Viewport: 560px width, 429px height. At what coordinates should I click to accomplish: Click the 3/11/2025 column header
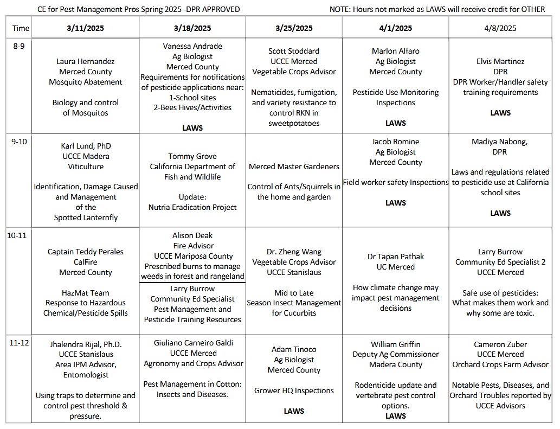[85, 28]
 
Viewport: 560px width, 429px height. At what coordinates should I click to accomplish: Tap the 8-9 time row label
[18, 46]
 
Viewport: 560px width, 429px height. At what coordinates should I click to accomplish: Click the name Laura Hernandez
[85, 61]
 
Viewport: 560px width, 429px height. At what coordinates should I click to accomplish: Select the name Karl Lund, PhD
[85, 146]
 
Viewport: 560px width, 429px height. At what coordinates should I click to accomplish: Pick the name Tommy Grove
[192, 156]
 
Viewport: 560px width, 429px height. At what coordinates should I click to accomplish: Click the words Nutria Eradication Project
[192, 207]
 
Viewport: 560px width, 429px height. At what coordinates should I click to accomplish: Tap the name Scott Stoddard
[294, 51]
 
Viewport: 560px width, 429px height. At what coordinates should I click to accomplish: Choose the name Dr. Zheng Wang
[294, 252]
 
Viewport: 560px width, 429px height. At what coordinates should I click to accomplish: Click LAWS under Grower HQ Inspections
[294, 411]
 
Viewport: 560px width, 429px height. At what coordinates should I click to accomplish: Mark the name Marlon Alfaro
[396, 51]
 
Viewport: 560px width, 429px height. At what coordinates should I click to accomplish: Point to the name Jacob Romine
[396, 142]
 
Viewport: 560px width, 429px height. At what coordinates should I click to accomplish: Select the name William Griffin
[396, 344]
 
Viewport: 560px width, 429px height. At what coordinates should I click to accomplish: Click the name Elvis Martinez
[500, 61]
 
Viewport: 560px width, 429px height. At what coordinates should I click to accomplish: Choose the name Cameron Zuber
[500, 344]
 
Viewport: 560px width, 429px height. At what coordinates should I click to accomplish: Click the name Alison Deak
[192, 235]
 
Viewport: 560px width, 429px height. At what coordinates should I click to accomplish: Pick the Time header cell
[21, 28]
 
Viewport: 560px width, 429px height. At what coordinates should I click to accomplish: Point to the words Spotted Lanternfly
[86, 217]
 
